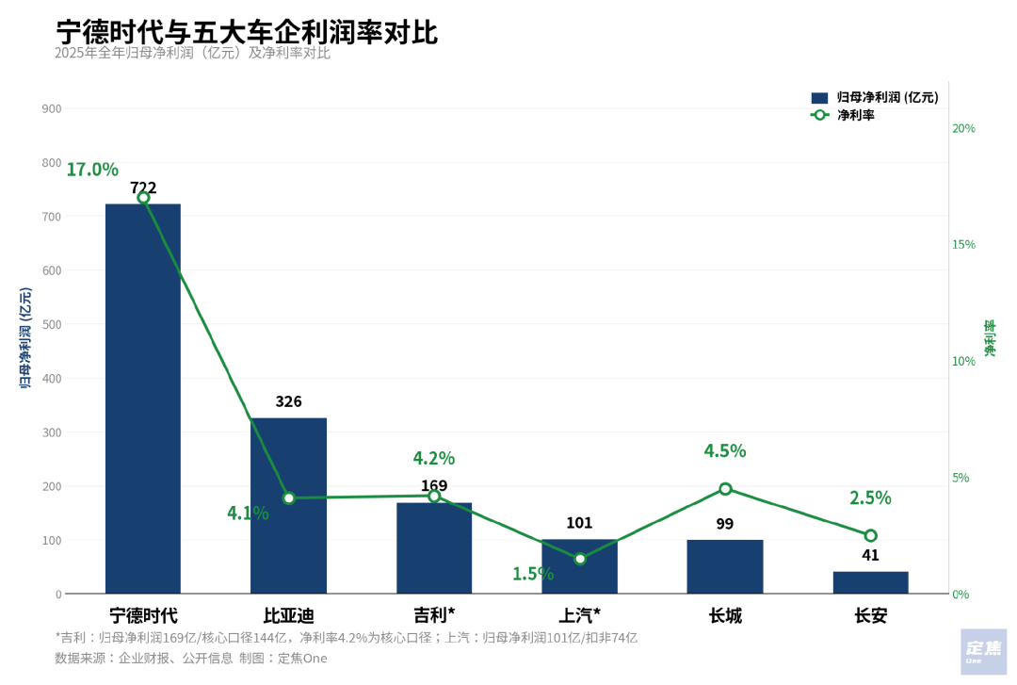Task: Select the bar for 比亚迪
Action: (x=288, y=505)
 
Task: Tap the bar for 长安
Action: (x=870, y=582)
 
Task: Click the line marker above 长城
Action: (x=725, y=489)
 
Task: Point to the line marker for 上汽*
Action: (x=580, y=559)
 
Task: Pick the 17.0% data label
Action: (x=92, y=170)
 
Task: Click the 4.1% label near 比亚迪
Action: (x=248, y=514)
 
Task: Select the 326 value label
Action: (x=288, y=401)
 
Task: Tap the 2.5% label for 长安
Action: (x=870, y=497)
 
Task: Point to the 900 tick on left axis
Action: (x=52, y=109)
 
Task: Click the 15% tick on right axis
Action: (x=964, y=245)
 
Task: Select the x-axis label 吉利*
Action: (x=434, y=616)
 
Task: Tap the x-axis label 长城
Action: (x=725, y=616)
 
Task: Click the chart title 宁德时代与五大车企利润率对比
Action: (x=247, y=31)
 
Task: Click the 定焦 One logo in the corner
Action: (x=983, y=652)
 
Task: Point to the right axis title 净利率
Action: (x=991, y=338)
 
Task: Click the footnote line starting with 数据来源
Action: (x=191, y=659)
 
